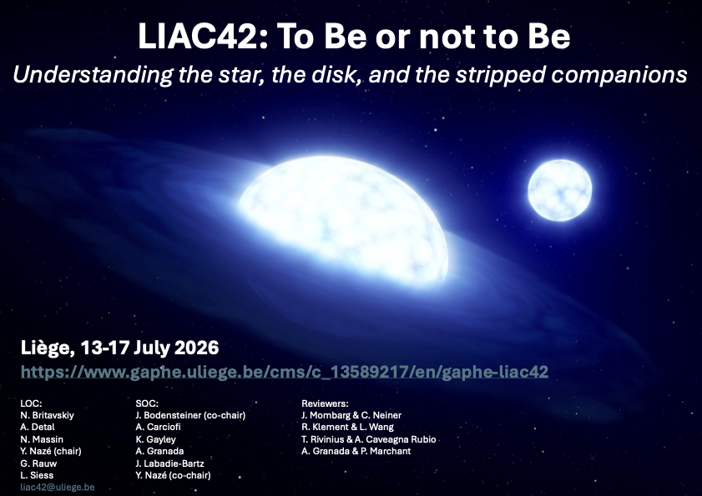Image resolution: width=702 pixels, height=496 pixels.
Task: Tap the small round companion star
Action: [x=559, y=190]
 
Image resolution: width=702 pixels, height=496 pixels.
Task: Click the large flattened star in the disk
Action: [x=343, y=219]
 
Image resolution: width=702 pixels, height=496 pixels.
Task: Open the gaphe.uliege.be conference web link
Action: [x=285, y=372]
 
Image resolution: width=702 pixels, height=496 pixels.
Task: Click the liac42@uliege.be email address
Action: [x=58, y=487]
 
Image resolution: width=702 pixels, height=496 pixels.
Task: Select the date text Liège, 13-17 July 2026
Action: [x=119, y=348]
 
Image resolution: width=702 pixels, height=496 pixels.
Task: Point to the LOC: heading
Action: [x=31, y=403]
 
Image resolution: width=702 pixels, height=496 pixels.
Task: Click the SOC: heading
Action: [x=147, y=403]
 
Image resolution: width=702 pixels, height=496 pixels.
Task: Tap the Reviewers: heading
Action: [x=325, y=403]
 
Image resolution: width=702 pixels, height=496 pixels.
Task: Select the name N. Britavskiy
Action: [x=47, y=415]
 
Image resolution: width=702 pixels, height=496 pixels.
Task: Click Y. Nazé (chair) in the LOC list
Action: [x=51, y=451]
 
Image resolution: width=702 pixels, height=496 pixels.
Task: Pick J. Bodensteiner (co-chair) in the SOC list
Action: [x=190, y=415]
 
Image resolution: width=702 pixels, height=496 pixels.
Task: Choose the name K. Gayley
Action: [x=155, y=439]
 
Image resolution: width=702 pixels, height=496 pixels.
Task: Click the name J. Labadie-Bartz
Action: [x=169, y=463]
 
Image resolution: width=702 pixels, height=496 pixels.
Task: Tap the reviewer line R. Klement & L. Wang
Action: [x=347, y=427]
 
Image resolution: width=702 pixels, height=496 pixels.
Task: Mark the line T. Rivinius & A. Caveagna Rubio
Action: [x=368, y=439]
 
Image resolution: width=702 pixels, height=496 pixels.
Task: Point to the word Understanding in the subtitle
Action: [x=93, y=75]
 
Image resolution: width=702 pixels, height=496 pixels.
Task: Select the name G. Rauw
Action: [x=38, y=463]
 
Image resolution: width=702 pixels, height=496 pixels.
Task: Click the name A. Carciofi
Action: [x=158, y=427]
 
